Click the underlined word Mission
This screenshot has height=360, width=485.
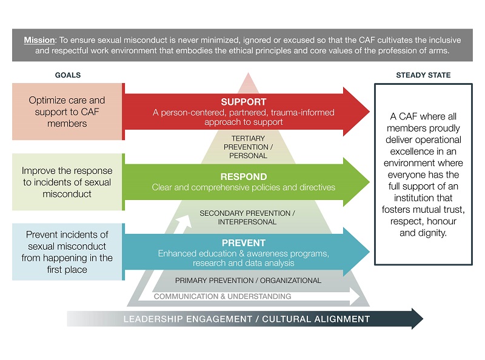coord(39,40)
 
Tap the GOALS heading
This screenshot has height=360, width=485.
coord(68,75)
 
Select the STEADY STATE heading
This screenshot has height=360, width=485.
coord(423,75)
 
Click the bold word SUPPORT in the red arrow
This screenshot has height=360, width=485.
coord(244,102)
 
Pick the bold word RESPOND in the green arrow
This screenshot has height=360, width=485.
coord(244,176)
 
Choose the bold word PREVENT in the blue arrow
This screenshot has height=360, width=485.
coord(244,243)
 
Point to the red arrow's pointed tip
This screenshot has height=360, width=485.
coord(369,112)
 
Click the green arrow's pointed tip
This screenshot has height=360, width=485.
coord(369,182)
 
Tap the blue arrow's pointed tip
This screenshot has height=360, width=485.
coord(369,252)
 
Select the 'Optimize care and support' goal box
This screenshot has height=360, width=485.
coord(67,112)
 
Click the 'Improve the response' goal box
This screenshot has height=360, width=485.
coord(67,182)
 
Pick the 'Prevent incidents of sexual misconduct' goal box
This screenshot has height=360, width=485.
coord(67,252)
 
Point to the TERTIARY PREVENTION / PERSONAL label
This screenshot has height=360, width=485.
coord(248,147)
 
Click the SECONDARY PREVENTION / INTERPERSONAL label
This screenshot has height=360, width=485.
coord(247,218)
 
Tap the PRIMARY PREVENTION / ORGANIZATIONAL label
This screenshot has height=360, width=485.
coord(248,281)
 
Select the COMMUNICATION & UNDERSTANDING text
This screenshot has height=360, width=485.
coord(222,296)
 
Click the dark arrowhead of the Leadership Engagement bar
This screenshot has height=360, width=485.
coord(417,319)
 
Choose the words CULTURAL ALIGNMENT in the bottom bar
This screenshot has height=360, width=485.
coord(316,319)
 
